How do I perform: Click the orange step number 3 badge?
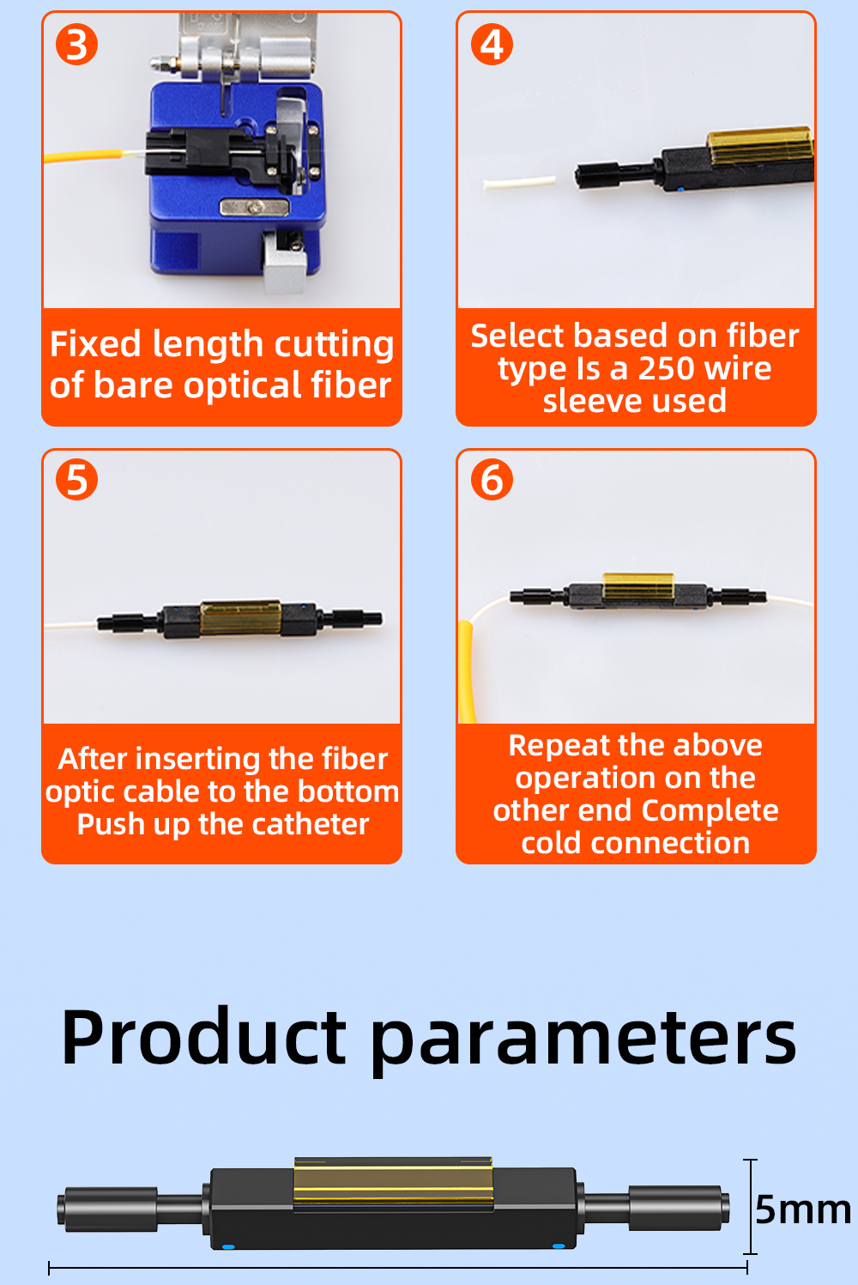[x=76, y=44]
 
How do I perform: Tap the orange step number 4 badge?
[x=492, y=44]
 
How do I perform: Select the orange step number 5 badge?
[x=76, y=479]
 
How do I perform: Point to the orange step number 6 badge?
[x=492, y=479]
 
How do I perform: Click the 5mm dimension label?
[x=803, y=1209]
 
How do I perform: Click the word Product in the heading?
[x=203, y=1037]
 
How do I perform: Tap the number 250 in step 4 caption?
[x=666, y=368]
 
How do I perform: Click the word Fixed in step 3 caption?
[x=95, y=344]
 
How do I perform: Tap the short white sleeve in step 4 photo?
[x=520, y=183]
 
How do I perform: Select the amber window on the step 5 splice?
[x=240, y=618]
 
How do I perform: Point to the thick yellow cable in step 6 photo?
[x=466, y=671]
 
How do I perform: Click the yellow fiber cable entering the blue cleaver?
[x=83, y=155]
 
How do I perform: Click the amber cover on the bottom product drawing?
[x=394, y=1185]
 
